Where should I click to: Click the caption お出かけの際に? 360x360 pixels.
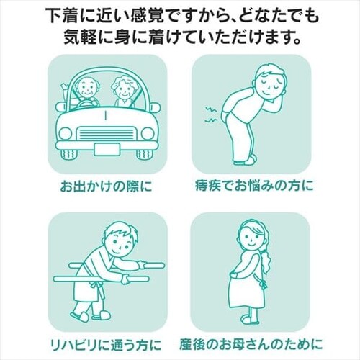106,186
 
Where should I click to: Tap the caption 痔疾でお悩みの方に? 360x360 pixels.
254,186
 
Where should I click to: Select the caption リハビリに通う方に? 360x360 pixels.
106,344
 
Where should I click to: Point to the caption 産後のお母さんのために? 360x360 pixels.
251,344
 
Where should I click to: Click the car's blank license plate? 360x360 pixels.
107,149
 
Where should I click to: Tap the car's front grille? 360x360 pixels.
106,133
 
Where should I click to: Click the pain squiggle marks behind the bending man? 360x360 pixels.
211,114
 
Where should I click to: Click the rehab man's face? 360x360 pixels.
120,245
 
